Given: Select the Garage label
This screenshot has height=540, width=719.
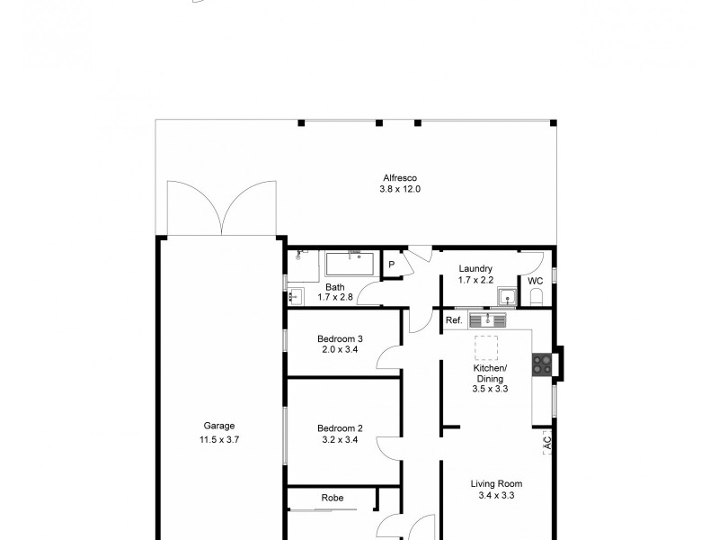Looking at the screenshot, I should [219, 427].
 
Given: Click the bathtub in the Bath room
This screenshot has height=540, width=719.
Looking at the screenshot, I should [350, 265].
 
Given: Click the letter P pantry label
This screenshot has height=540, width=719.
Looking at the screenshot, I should [392, 265].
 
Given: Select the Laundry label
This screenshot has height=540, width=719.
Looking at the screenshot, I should [475, 269].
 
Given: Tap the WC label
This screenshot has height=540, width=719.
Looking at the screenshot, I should [536, 281].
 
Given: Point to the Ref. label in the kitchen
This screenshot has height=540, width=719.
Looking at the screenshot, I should [454, 320].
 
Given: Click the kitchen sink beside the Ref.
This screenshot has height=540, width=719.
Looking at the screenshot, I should [488, 319].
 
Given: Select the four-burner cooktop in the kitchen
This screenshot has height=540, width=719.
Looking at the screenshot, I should [542, 364].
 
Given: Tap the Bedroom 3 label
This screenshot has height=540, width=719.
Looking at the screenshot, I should [341, 339].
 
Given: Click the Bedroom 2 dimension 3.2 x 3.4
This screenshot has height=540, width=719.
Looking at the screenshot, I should [341, 440].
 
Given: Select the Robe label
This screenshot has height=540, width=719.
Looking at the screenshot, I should [332, 498].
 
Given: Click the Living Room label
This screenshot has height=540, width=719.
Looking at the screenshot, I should [497, 483].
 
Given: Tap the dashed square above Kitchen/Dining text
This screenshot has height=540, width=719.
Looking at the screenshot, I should [487, 346].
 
